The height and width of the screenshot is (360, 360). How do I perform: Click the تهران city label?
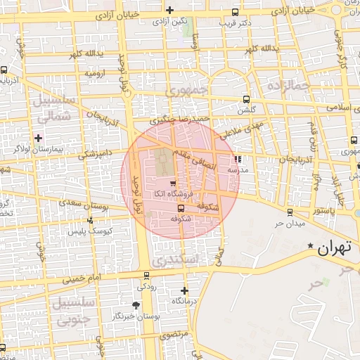click(333, 249)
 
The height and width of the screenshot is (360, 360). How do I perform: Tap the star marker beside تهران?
click(311, 246)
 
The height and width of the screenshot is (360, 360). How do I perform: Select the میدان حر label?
click(289, 223)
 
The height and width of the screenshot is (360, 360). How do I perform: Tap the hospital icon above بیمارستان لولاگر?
click(39, 137)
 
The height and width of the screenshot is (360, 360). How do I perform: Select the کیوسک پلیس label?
click(86, 231)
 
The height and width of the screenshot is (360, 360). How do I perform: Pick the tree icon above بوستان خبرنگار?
click(136, 305)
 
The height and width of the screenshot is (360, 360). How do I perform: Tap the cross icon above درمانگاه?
click(184, 290)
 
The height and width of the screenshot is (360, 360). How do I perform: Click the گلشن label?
click(246, 110)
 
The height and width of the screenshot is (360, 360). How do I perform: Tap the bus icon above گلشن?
click(245, 99)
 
